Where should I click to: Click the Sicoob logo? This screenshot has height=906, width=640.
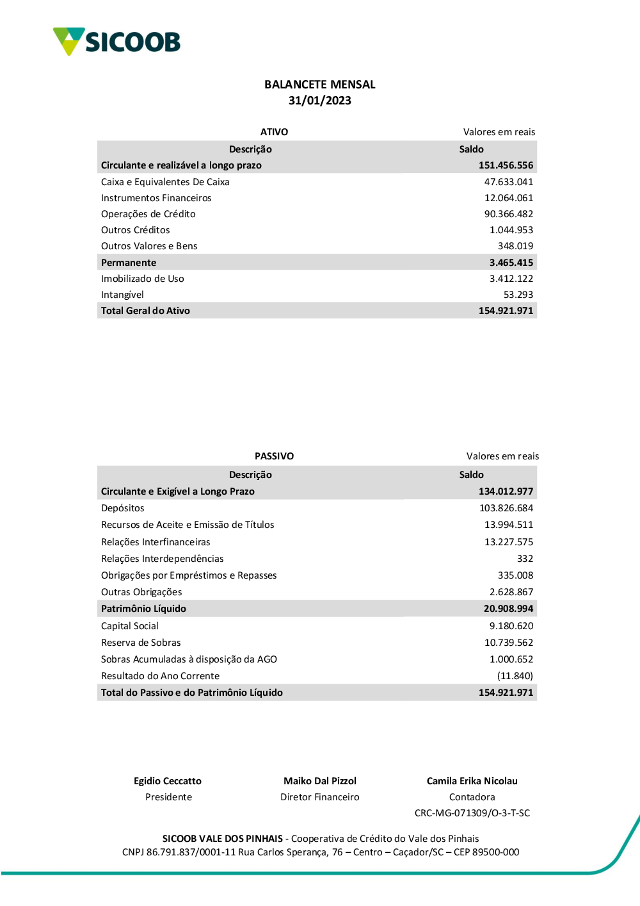(x=116, y=42)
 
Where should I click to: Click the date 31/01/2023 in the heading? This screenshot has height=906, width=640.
(x=319, y=101)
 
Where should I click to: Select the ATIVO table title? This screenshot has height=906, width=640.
(x=274, y=132)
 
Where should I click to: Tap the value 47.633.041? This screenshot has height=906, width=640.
(x=508, y=182)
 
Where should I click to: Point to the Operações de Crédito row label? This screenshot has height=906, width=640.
(x=148, y=214)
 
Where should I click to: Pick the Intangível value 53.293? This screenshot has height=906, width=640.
(x=518, y=295)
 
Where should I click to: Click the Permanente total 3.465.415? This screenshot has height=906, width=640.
(x=511, y=263)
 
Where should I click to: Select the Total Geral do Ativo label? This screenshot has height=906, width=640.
(x=145, y=311)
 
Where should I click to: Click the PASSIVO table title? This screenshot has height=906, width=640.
(x=274, y=456)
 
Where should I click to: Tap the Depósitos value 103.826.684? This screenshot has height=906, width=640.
(x=506, y=508)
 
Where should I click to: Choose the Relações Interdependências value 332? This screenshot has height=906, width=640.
(x=525, y=559)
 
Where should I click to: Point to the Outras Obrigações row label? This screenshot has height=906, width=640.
(x=141, y=592)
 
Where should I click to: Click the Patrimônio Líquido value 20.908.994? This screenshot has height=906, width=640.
(x=508, y=609)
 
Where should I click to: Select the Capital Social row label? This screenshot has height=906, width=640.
(x=129, y=626)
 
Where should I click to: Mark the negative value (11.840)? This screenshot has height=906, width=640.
(x=515, y=676)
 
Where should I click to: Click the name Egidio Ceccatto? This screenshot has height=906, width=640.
(x=167, y=781)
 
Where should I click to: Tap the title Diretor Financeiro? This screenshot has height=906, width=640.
(x=319, y=797)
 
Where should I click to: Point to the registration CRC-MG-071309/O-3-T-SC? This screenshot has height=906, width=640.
(x=472, y=813)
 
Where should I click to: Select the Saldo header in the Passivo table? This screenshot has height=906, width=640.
(x=471, y=475)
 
